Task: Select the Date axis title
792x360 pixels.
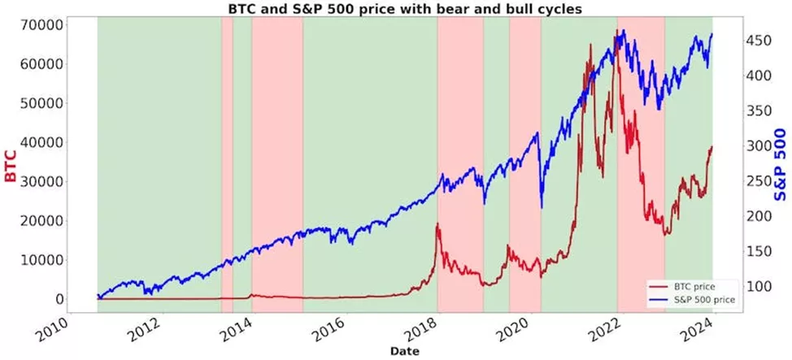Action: (404, 350)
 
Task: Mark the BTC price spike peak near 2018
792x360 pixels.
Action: (437, 223)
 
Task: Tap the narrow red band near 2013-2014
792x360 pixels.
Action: (227, 163)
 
